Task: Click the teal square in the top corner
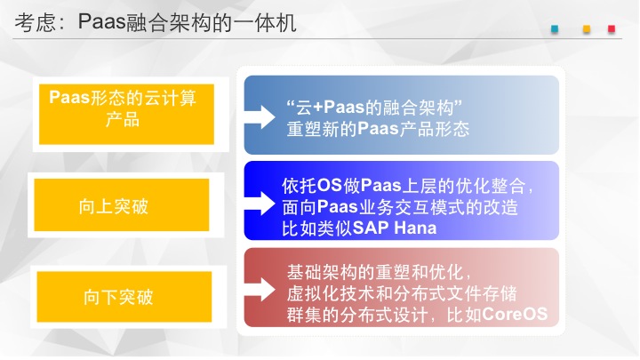pyautogui.click(x=555, y=29)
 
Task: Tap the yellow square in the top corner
pyautogui.click(x=587, y=29)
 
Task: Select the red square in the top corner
pyautogui.click(x=612, y=29)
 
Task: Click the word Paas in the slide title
pyautogui.click(x=102, y=21)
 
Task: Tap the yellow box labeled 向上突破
pyautogui.click(x=122, y=205)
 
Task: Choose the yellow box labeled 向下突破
pyautogui.click(x=124, y=297)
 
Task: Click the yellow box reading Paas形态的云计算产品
pyautogui.click(x=126, y=114)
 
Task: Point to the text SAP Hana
pyautogui.click(x=395, y=228)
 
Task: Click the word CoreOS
pyautogui.click(x=515, y=314)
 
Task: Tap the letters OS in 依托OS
pyautogui.click(x=329, y=185)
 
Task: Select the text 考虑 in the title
pyautogui.click(x=35, y=22)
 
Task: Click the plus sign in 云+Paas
pyautogui.click(x=317, y=108)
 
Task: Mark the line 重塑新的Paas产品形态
pyautogui.click(x=378, y=129)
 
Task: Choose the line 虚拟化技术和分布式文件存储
pyautogui.click(x=402, y=293)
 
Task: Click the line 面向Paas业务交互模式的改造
pyautogui.click(x=400, y=207)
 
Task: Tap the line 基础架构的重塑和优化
pyautogui.click(x=377, y=272)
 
